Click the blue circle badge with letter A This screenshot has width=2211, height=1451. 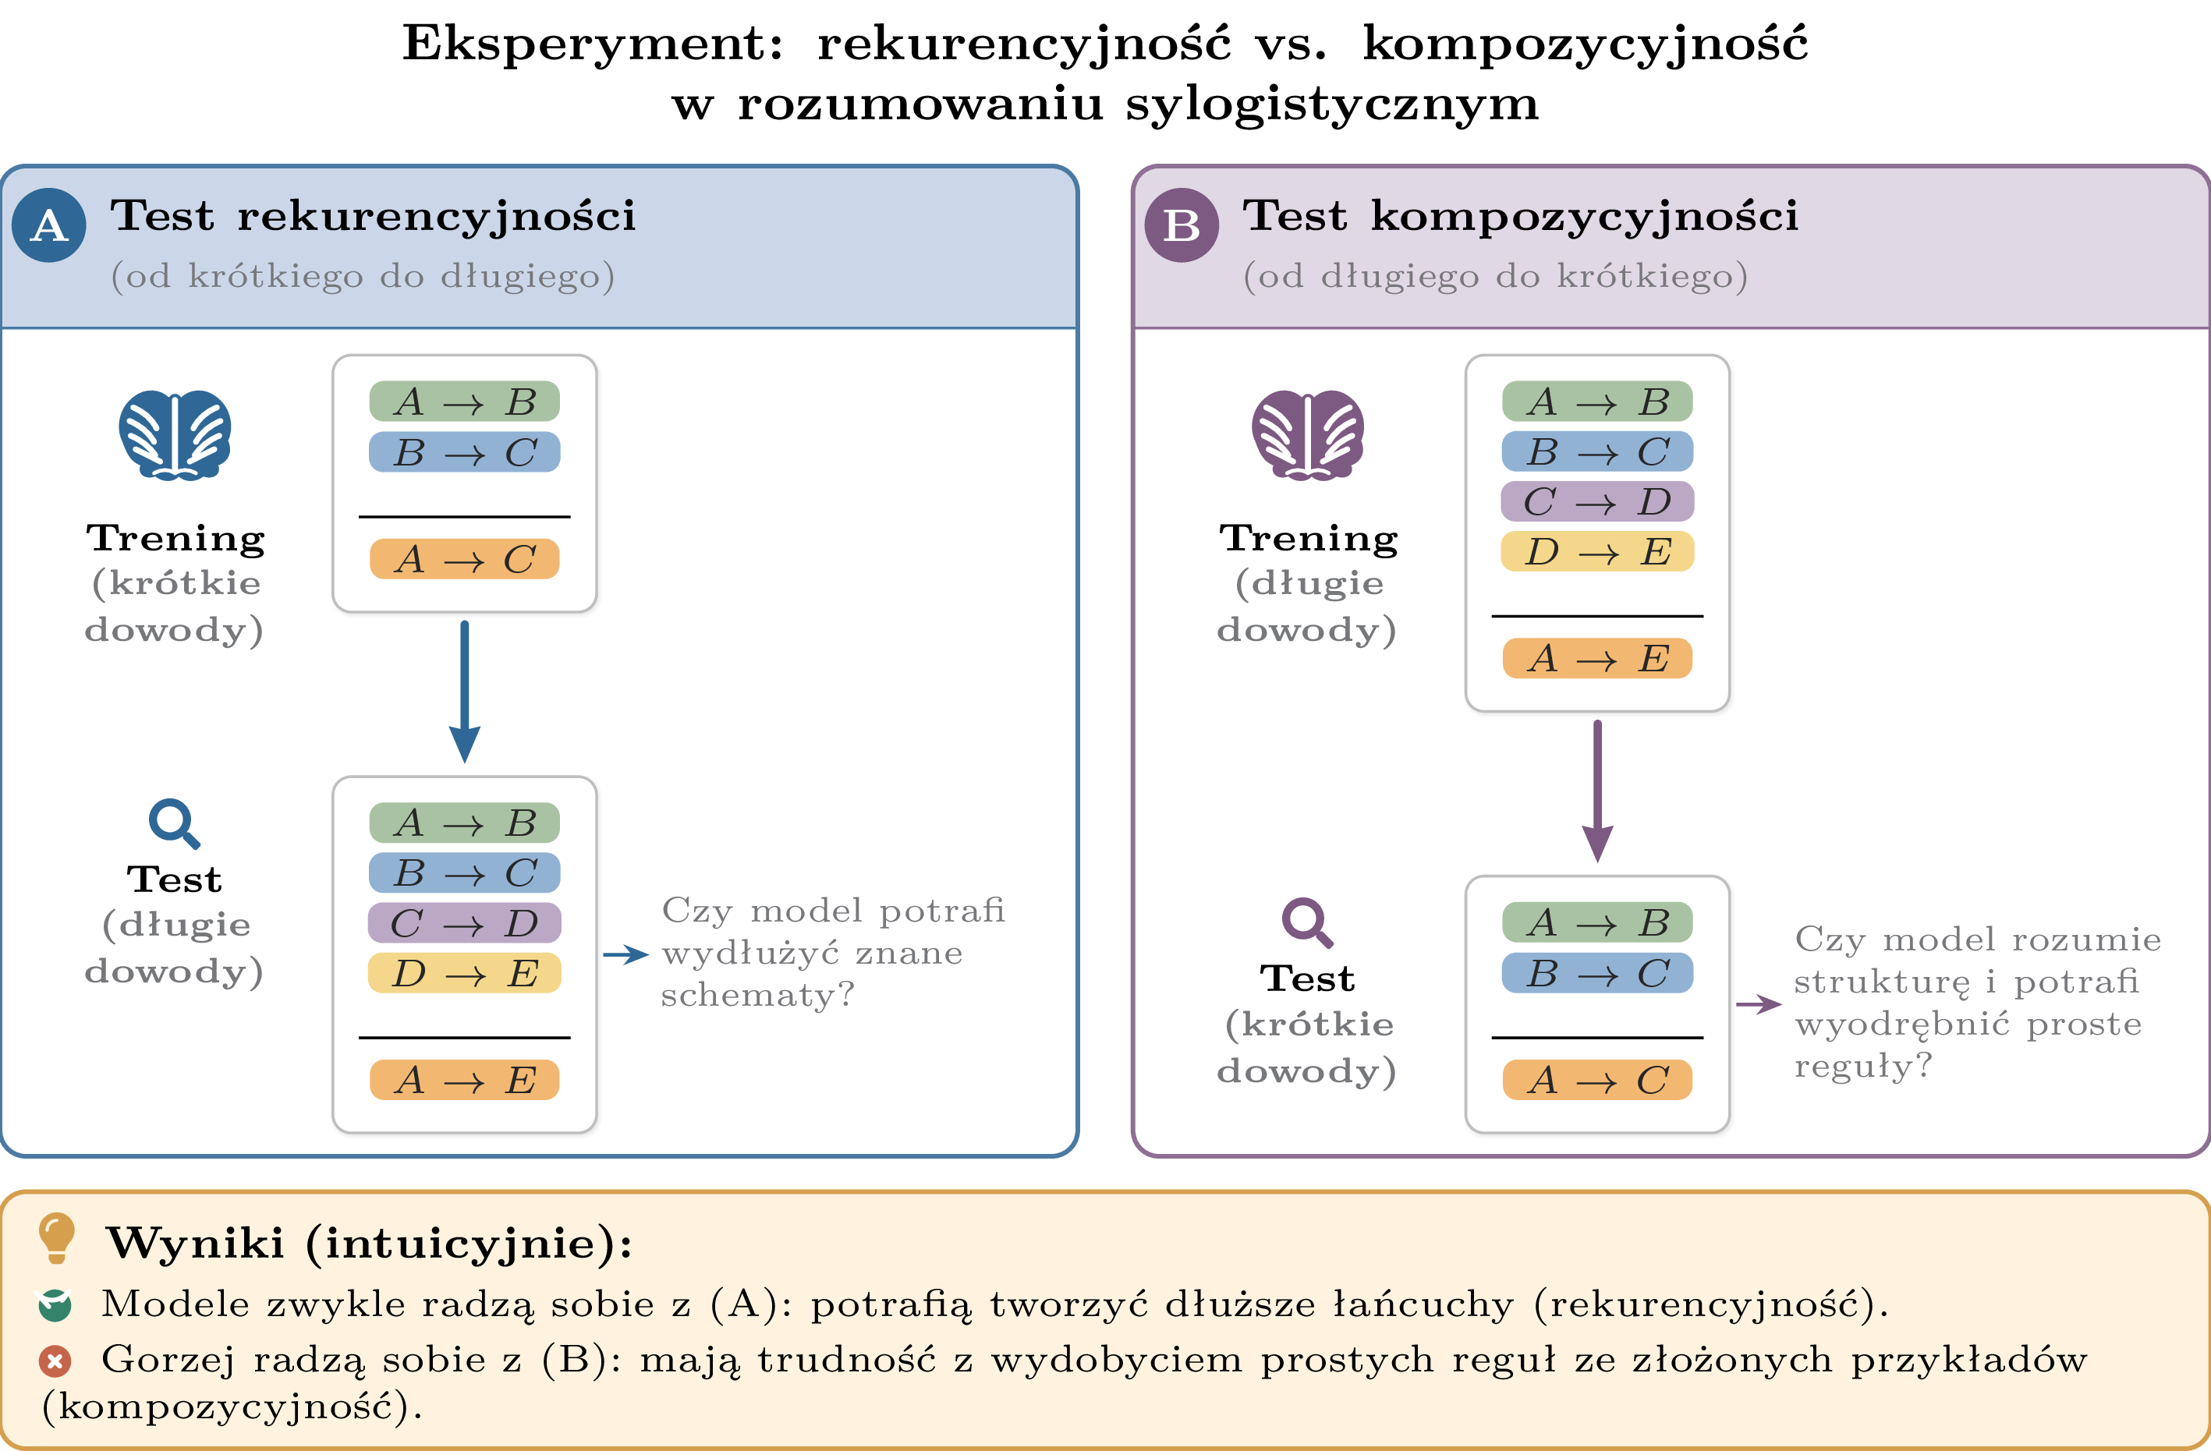click(x=49, y=225)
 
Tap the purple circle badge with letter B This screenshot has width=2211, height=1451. click(x=1182, y=225)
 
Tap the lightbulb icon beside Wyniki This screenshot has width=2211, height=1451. click(x=55, y=1238)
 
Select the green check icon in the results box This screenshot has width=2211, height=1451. click(x=55, y=1305)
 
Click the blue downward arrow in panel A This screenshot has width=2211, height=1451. click(x=465, y=692)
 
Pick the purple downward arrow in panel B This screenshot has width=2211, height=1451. click(x=1597, y=791)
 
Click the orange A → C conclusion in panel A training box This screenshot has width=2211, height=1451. click(x=465, y=559)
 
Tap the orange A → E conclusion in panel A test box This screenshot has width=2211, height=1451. click(x=465, y=1079)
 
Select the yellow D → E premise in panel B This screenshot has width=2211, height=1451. click(x=1597, y=552)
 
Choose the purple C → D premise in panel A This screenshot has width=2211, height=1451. click(x=465, y=923)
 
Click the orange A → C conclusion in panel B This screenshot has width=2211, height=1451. click(x=1597, y=1079)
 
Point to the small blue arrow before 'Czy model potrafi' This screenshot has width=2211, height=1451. click(x=625, y=954)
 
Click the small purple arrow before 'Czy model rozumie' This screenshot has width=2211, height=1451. click(x=1759, y=1004)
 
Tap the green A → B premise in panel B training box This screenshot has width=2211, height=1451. click(x=1597, y=402)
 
